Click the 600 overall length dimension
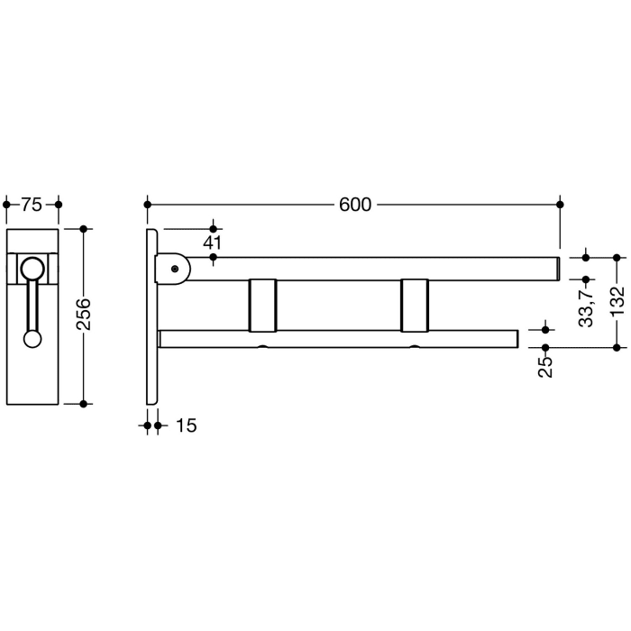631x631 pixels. pos(355,205)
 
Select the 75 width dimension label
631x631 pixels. pos(32,205)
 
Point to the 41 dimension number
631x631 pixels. pos(213,242)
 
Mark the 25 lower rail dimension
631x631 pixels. pos(545,365)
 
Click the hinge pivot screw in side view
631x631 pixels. pos(175,268)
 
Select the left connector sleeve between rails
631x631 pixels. pos(262,305)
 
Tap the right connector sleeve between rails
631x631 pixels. pos(416,305)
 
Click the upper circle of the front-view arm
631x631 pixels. pos(32,268)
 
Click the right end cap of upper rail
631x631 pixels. pos(558,269)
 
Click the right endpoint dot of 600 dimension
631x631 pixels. pos(562,205)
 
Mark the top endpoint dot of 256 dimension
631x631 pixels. pos(84,229)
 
